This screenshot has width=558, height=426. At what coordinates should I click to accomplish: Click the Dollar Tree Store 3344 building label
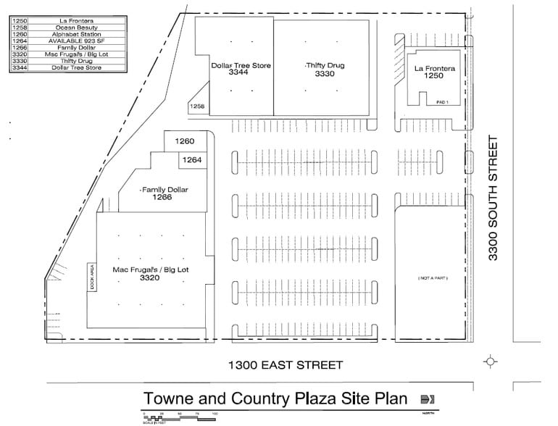click(241, 70)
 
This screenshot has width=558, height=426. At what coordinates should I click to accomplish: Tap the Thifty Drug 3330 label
click(325, 70)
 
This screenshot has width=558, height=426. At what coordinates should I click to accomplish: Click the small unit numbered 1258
click(197, 106)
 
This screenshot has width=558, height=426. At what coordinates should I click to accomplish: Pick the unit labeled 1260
click(186, 141)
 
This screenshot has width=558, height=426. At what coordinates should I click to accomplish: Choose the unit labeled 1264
click(191, 159)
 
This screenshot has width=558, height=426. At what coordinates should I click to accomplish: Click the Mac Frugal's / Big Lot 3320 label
click(151, 273)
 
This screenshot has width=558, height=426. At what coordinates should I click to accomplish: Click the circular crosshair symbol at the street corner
click(490, 361)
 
